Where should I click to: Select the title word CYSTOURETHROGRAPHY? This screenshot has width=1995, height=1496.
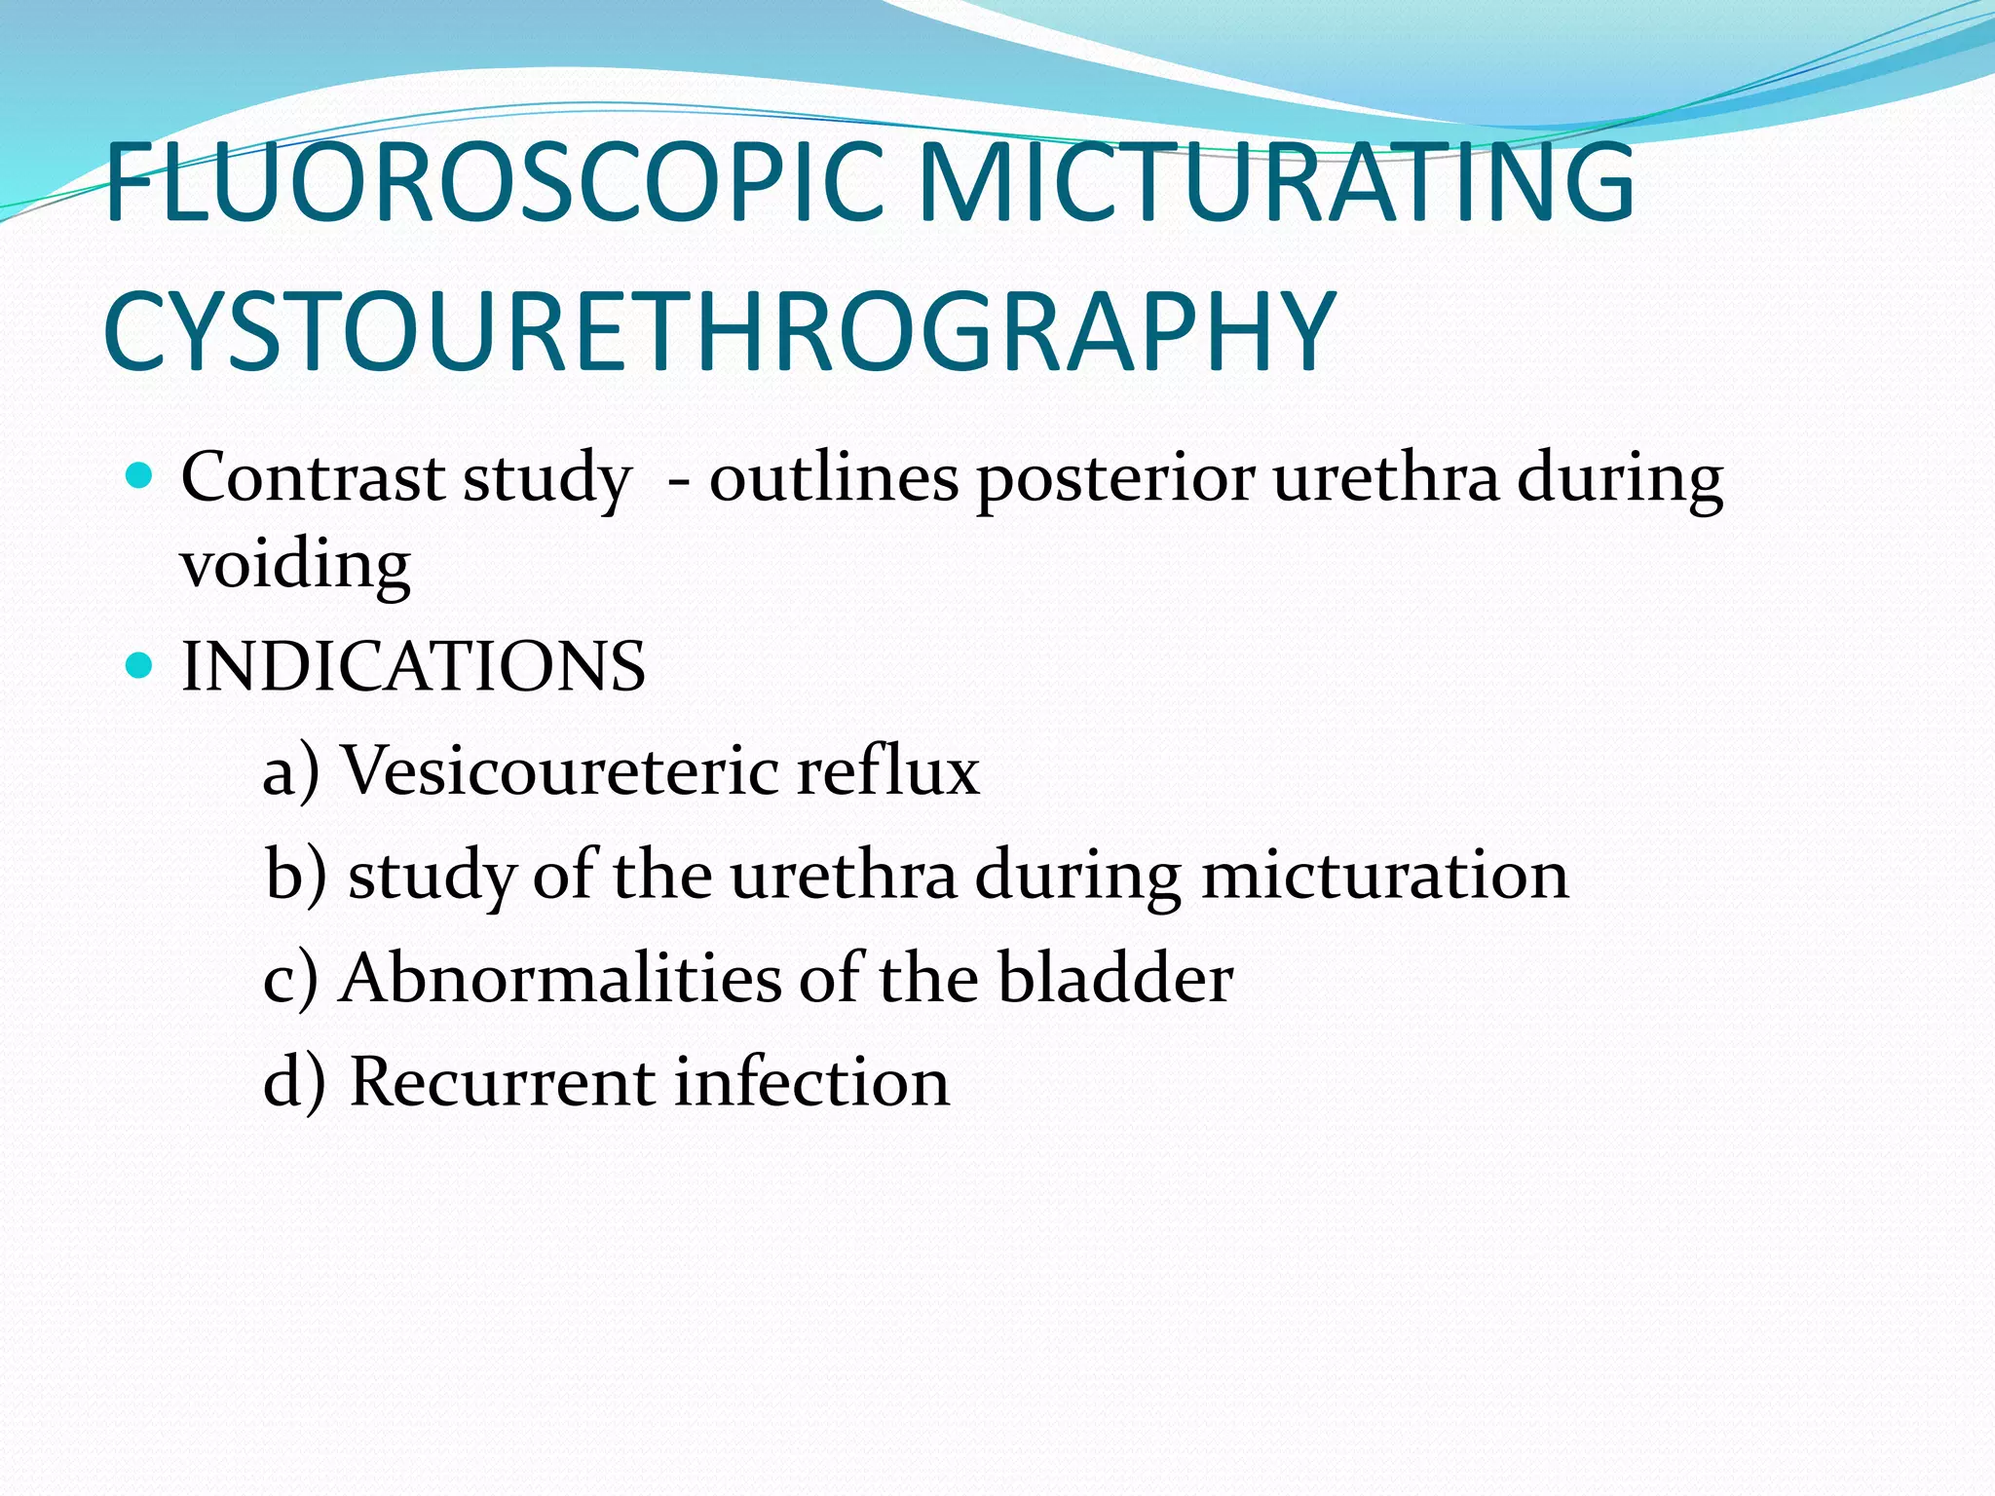(x=719, y=332)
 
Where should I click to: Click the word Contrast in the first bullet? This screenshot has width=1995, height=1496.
(x=313, y=478)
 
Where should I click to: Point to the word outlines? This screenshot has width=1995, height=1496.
(x=833, y=478)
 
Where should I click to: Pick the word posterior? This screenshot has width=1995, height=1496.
(x=1115, y=480)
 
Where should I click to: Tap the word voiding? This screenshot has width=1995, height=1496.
(x=295, y=565)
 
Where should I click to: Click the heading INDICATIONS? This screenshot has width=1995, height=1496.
(x=413, y=667)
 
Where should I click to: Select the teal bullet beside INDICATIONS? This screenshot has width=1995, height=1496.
(x=141, y=666)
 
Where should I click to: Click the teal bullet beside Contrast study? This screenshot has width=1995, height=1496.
(x=141, y=477)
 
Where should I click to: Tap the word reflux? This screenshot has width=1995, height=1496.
(x=887, y=770)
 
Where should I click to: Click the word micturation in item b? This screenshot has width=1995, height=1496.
(x=1384, y=874)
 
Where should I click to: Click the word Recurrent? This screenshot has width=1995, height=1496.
(x=502, y=1081)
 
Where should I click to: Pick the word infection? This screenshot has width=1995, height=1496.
(x=811, y=1081)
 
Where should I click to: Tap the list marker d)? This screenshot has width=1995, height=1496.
(x=293, y=1083)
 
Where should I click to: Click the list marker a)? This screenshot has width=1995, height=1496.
(x=291, y=772)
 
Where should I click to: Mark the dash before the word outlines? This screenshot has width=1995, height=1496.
(x=679, y=480)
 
